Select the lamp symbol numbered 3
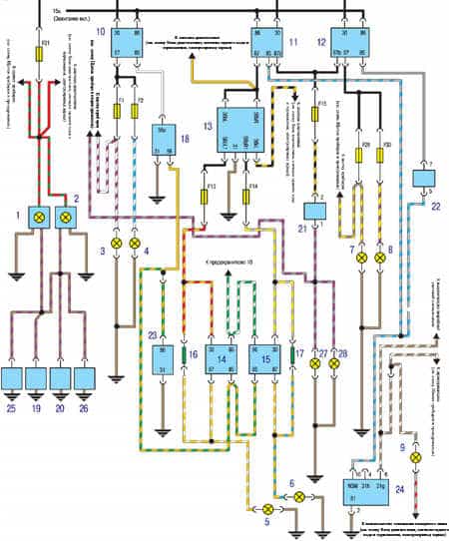(115, 244)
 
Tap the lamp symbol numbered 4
(135, 244)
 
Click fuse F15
(317, 114)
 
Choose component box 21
(317, 213)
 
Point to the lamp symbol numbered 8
(378, 258)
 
